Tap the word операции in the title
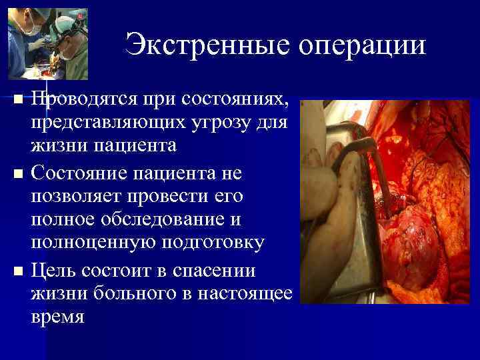pyautogui.click(x=362, y=45)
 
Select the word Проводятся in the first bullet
pyautogui.click(x=81, y=100)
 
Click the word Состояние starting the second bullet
pyautogui.click(x=83, y=173)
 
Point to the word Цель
pyautogui.click(x=52, y=271)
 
